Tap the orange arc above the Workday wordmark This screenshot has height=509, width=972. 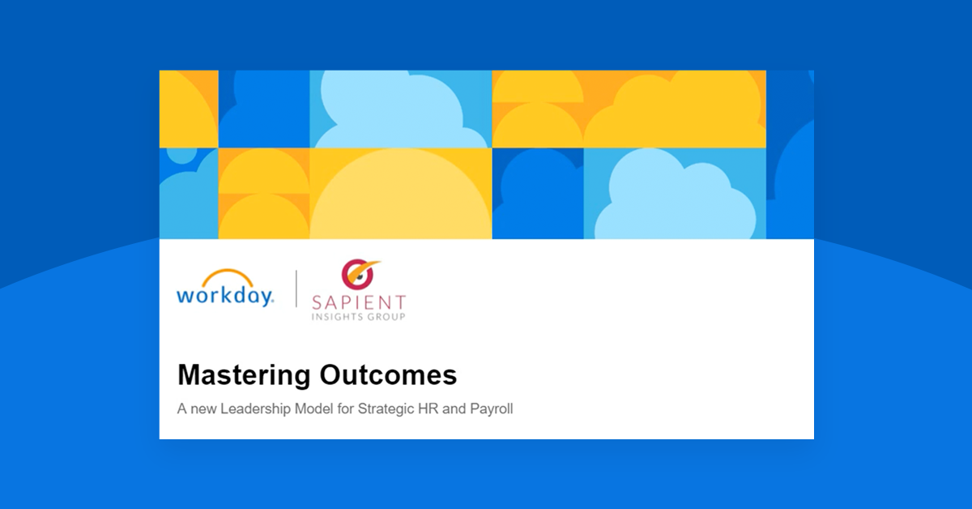pyautogui.click(x=225, y=276)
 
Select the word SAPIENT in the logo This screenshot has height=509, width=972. pyautogui.click(x=360, y=302)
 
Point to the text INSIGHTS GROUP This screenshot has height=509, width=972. pyautogui.click(x=360, y=316)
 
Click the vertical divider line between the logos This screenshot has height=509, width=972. pyautogui.click(x=296, y=289)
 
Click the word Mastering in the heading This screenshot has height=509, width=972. pyautogui.click(x=244, y=375)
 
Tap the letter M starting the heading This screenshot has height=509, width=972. pyautogui.click(x=189, y=375)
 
